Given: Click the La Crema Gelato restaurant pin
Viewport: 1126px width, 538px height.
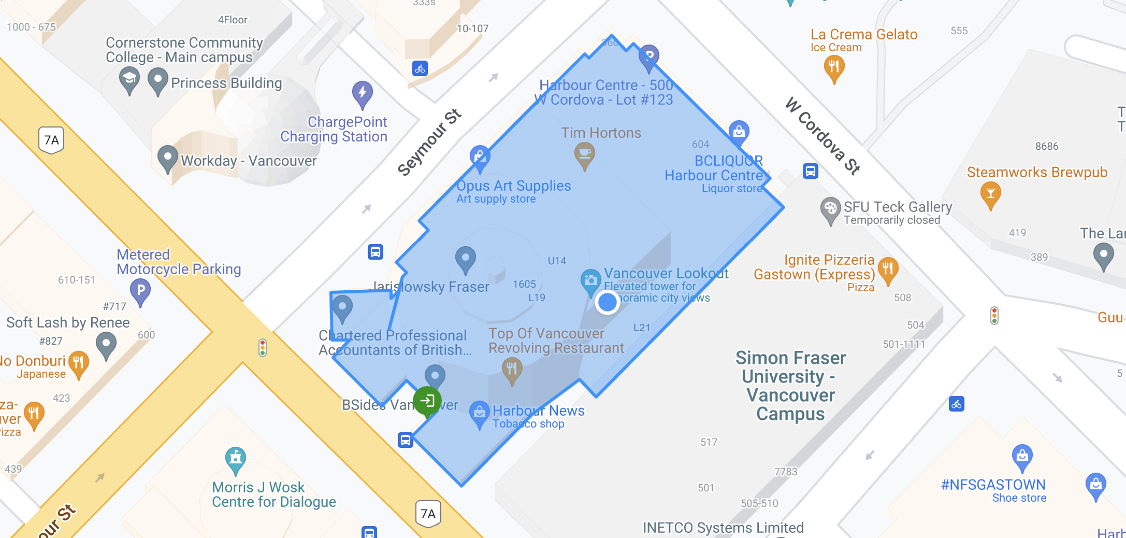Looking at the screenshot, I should [834, 67].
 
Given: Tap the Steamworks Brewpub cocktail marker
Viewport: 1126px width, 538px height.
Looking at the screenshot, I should [990, 194].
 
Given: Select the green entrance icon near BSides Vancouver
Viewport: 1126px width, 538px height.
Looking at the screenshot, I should [427, 401].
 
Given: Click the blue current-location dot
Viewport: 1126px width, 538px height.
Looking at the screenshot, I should [607, 302].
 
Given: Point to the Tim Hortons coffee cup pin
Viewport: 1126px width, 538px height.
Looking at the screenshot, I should [585, 154].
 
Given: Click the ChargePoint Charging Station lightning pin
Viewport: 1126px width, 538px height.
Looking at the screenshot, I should [362, 93].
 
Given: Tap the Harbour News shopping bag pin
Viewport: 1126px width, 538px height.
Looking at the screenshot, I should [480, 413].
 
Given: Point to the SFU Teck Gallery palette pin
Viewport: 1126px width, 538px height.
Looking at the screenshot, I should [830, 209].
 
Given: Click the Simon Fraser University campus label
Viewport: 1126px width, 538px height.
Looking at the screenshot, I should [790, 386].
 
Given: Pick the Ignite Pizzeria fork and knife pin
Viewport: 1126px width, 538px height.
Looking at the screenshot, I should [888, 269].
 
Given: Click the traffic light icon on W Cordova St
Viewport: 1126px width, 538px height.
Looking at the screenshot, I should [994, 316].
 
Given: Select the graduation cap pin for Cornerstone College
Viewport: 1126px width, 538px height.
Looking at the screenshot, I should [129, 80].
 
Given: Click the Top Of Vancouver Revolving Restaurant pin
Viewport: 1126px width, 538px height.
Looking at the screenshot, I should [512, 369].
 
